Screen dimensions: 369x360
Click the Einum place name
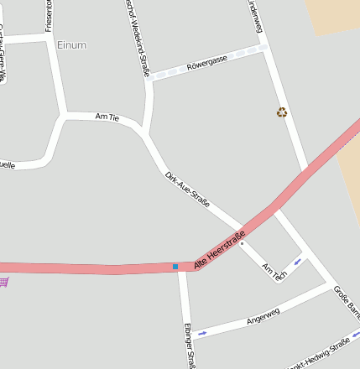point(71,44)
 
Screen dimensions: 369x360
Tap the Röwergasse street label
point(207,63)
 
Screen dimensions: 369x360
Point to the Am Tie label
point(108,117)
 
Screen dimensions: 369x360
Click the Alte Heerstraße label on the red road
point(219,249)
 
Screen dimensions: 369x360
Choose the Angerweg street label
point(263,316)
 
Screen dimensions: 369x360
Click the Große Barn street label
point(347,302)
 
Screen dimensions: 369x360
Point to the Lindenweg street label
point(254,16)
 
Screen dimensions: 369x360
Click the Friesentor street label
point(49,15)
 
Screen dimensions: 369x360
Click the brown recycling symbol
point(282,112)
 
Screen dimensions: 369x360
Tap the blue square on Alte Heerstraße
point(175,267)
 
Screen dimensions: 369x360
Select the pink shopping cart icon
point(3,281)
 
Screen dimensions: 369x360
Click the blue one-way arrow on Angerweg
point(201,333)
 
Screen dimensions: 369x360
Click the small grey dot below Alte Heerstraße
point(242,244)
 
